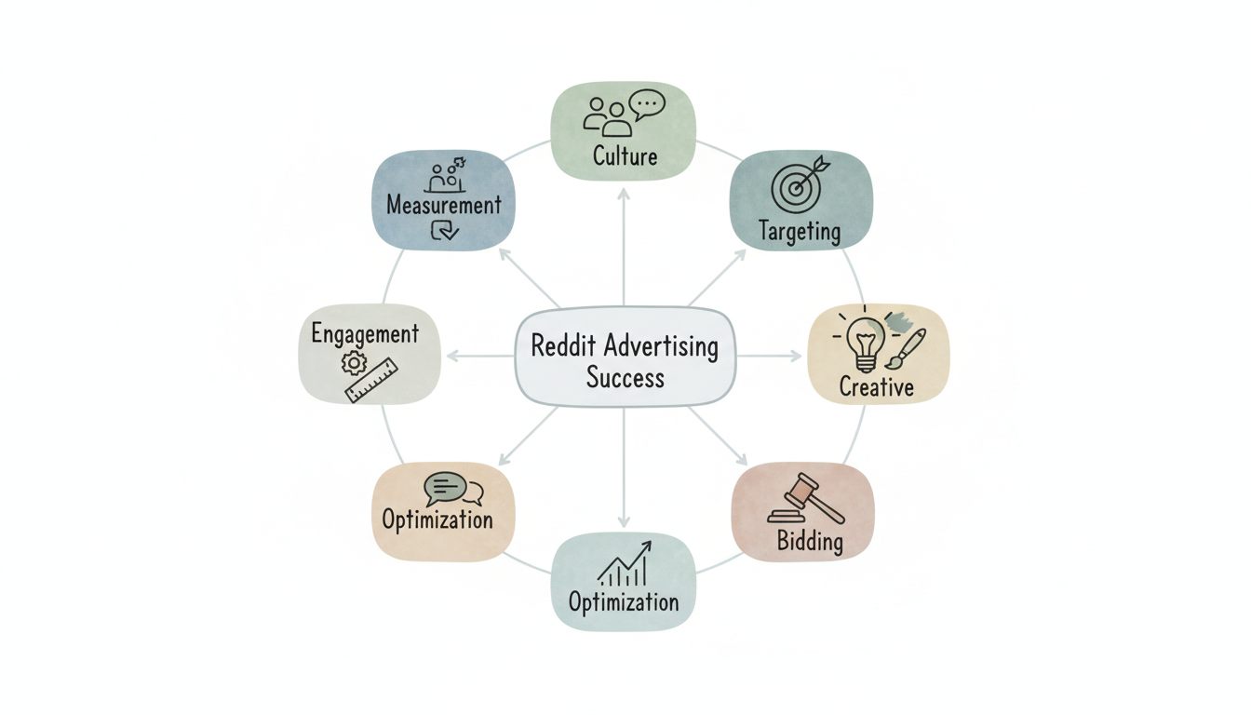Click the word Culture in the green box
(x=625, y=155)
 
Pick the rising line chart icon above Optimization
(x=624, y=564)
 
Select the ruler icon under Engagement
(x=371, y=381)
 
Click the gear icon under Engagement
(x=354, y=362)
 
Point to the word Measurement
(x=444, y=205)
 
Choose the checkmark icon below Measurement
(x=444, y=230)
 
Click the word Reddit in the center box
(x=563, y=346)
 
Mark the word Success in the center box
(x=625, y=378)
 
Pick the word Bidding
(x=810, y=541)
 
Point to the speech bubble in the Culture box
(x=647, y=103)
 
